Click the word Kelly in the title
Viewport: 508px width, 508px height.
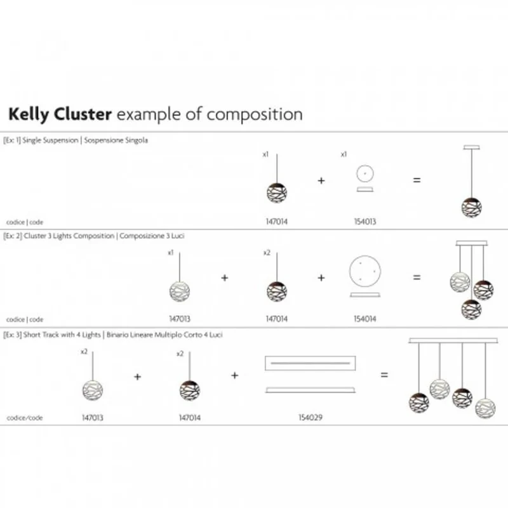(x=29, y=115)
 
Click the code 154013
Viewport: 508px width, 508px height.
(x=364, y=222)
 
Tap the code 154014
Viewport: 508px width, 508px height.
(x=364, y=319)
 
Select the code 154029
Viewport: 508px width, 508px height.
(x=311, y=417)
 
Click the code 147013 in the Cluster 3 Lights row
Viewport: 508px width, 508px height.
(x=180, y=319)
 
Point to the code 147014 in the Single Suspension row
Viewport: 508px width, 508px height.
(x=277, y=222)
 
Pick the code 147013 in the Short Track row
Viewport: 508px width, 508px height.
(x=93, y=418)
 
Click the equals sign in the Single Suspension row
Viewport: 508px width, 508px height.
(x=417, y=180)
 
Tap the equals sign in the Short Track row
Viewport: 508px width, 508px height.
(x=384, y=375)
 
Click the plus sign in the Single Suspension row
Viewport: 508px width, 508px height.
(x=321, y=180)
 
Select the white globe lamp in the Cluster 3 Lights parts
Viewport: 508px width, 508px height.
(x=180, y=291)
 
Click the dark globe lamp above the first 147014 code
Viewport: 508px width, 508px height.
(x=277, y=193)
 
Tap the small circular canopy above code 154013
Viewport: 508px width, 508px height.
(x=364, y=173)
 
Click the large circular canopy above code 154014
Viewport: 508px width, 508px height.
(x=364, y=271)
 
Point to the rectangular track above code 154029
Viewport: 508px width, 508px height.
(x=310, y=363)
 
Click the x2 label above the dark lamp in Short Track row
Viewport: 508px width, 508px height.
(x=180, y=354)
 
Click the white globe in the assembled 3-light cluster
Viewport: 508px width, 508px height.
(x=460, y=282)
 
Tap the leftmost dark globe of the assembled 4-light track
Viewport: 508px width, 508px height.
(x=419, y=403)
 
